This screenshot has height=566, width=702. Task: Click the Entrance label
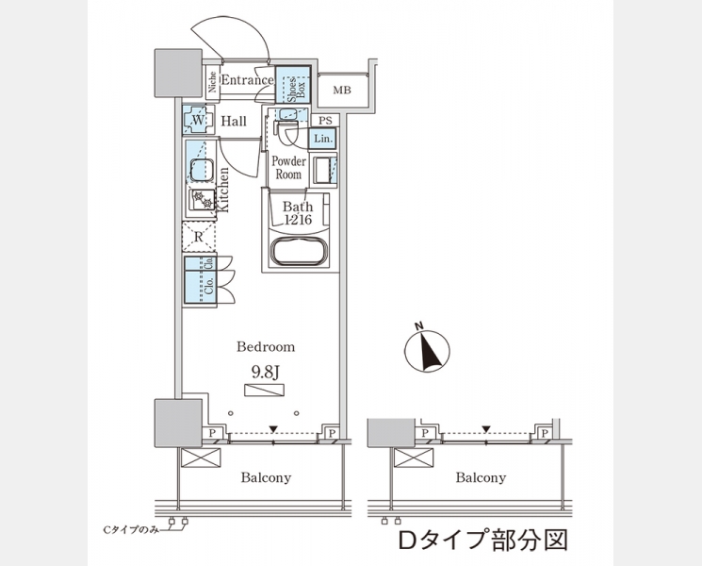pos(246,82)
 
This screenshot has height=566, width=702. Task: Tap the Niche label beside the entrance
pos(213,83)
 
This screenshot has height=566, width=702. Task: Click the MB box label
pos(340,91)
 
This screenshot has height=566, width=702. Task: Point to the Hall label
pos(234,122)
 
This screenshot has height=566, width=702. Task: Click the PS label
pos(324,120)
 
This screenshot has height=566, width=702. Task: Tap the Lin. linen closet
pos(321,138)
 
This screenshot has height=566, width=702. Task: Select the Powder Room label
pos(288,168)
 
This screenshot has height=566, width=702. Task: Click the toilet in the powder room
pos(288,131)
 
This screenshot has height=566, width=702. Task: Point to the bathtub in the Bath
pos(299,253)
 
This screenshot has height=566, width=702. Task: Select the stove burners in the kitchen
pos(202,201)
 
